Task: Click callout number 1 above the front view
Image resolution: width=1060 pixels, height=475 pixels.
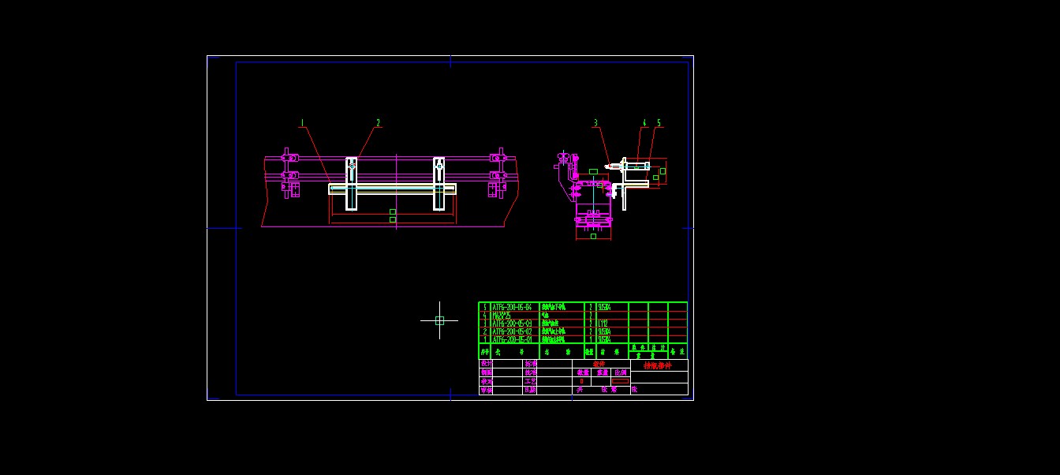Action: [301, 123]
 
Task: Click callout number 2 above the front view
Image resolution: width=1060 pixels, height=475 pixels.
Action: [378, 123]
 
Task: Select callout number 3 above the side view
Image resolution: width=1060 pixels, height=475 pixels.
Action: [595, 123]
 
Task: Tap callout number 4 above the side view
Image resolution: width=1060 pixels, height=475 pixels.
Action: [644, 123]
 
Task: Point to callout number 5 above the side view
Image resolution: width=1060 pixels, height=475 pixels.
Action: [659, 123]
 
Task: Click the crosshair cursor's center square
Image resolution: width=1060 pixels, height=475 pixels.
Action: [439, 320]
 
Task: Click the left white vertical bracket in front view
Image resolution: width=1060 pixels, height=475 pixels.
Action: [351, 184]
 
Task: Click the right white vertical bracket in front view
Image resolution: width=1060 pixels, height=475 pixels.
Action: [439, 184]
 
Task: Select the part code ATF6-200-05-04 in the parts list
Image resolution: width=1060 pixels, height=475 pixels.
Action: [512, 306]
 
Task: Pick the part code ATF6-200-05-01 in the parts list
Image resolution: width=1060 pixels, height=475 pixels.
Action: [512, 339]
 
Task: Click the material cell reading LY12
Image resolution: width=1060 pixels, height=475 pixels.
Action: [603, 323]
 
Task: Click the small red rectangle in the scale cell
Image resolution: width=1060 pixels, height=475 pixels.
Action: [620, 381]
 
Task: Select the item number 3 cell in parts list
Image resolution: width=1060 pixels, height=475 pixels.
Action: [484, 323]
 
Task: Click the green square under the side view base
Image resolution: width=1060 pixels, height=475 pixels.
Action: [593, 236]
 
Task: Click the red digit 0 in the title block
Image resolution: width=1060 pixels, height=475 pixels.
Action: [581, 381]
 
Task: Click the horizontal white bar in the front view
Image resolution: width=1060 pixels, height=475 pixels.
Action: [392, 189]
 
